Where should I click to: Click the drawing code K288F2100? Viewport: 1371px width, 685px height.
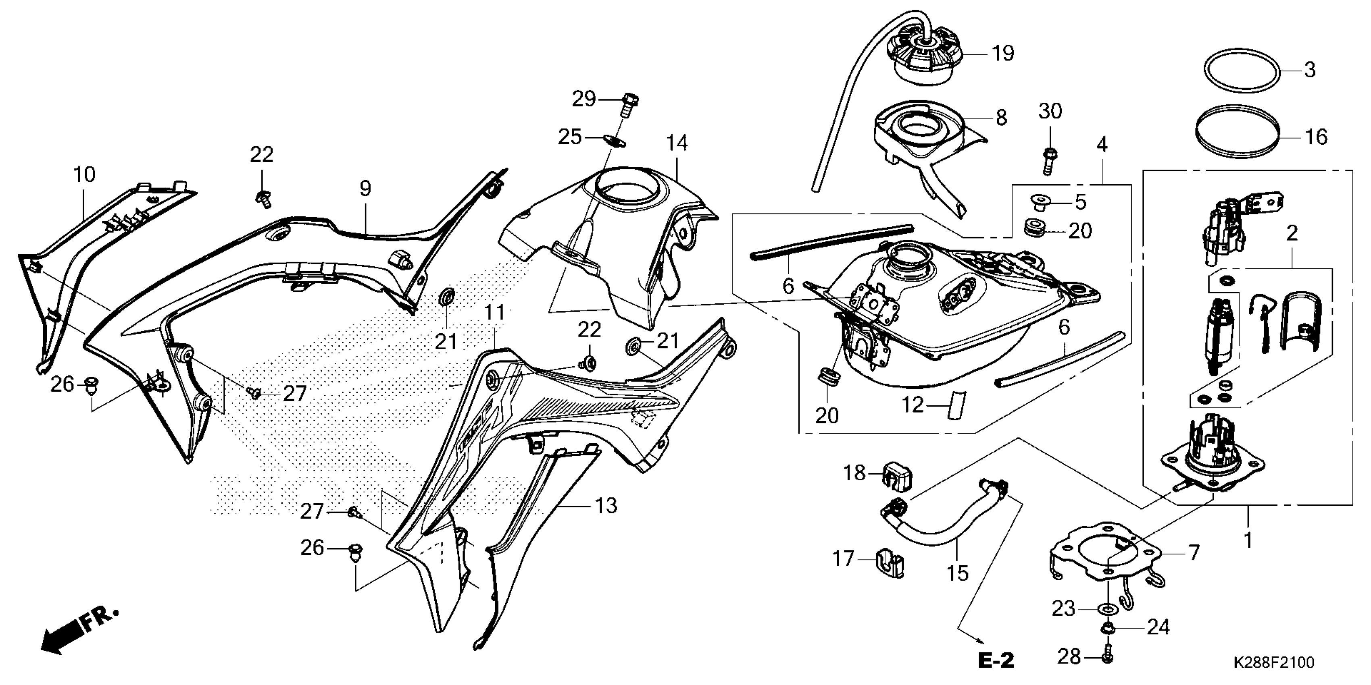coord(1273,663)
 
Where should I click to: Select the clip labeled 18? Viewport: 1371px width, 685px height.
coord(898,474)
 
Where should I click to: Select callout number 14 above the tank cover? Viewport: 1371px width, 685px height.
coord(677,143)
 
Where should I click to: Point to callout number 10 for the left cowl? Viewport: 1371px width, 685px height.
coord(84,174)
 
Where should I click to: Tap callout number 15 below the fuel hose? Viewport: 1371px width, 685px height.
coord(957,573)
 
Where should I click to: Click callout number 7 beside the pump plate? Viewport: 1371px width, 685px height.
coord(1194,553)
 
